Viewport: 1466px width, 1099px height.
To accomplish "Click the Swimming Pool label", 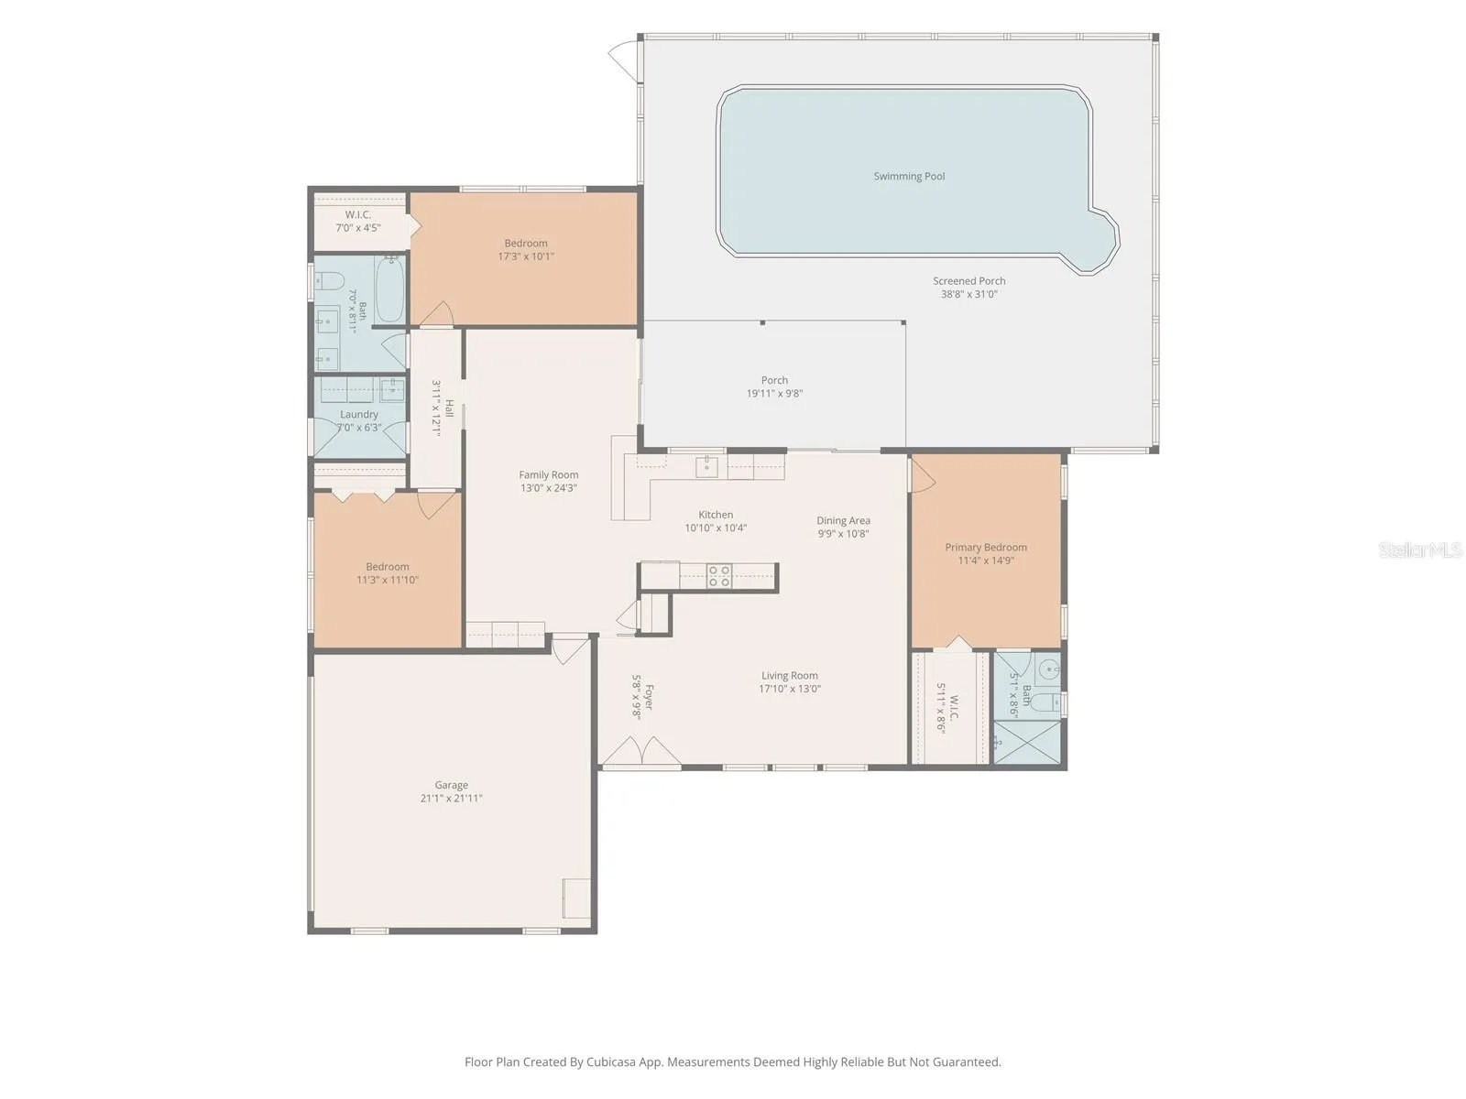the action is (909, 176).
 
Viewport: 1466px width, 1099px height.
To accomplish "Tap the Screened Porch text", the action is (969, 281).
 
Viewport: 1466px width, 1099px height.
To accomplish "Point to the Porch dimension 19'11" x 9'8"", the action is (774, 393).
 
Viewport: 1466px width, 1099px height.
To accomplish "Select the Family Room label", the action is (548, 474).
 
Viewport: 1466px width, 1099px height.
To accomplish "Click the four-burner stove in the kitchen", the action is (719, 576).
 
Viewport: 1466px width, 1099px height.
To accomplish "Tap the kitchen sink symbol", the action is (706, 467).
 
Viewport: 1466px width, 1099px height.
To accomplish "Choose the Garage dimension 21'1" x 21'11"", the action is (451, 798).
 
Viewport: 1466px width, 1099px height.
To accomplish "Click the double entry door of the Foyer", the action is (642, 751).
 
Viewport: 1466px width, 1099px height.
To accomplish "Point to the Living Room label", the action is (790, 675).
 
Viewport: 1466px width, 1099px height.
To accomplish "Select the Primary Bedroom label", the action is (986, 547).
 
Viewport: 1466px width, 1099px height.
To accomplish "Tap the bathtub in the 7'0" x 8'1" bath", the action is (390, 289).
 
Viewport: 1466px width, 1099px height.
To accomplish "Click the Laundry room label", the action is (358, 414).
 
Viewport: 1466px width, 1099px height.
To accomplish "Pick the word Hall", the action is (450, 408).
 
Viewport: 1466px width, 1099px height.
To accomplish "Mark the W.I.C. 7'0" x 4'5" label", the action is (358, 221).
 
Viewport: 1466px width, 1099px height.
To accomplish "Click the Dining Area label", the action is (843, 520).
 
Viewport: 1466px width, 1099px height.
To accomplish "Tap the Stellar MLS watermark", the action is (1420, 549).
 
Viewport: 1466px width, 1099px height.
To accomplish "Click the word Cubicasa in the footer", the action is (611, 1061).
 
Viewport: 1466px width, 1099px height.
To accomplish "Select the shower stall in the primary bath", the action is (1026, 741).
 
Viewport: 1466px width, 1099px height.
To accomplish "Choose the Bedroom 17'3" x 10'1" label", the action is (526, 249).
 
